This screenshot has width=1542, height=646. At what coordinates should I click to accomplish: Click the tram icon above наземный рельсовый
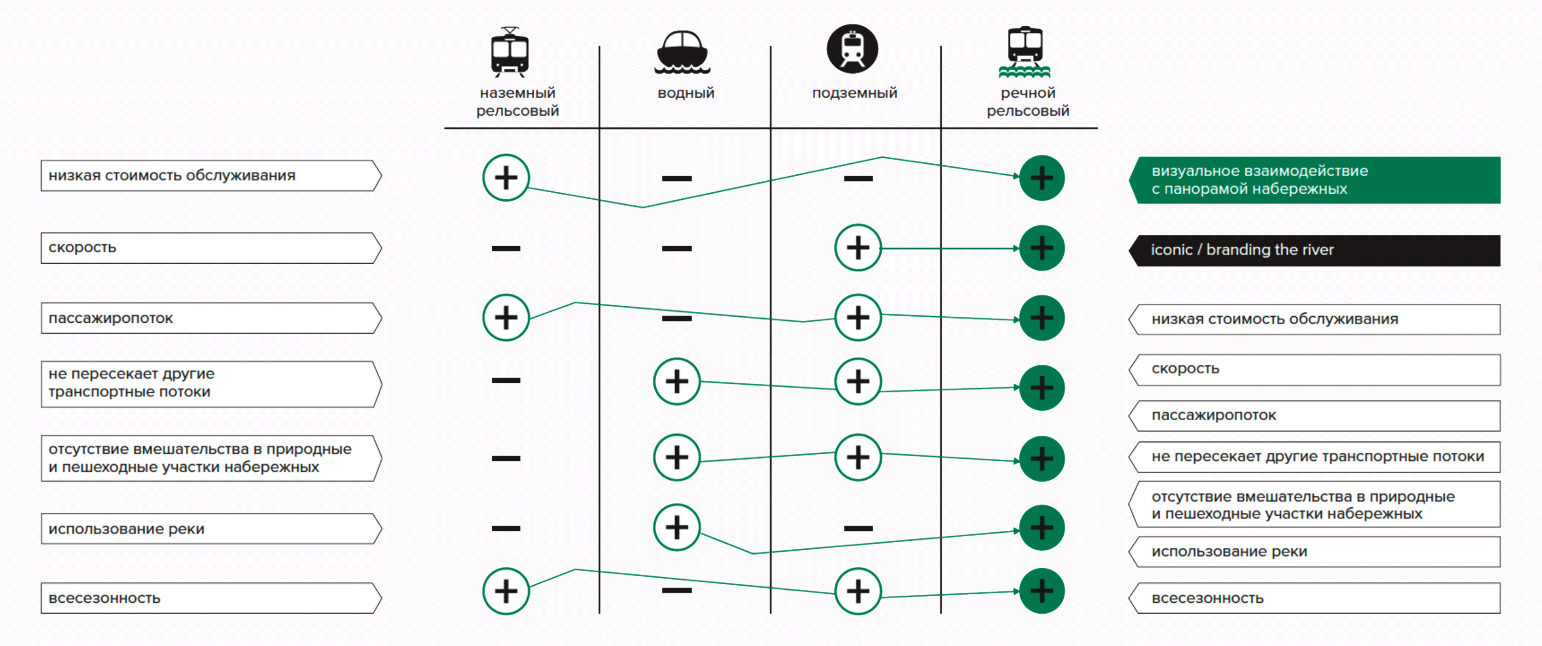[x=509, y=52]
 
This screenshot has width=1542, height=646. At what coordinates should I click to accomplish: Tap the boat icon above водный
[x=682, y=53]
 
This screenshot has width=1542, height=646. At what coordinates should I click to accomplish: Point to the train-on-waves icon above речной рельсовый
[x=1025, y=53]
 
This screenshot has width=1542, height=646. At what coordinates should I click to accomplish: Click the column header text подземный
[x=854, y=93]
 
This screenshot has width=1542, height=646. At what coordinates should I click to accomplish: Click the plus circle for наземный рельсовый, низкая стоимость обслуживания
[x=506, y=178]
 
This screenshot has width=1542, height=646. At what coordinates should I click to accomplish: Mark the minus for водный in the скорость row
[x=677, y=249]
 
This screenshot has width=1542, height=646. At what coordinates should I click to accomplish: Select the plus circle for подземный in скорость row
[x=858, y=248]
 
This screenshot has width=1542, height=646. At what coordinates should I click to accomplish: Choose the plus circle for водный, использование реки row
[x=677, y=527]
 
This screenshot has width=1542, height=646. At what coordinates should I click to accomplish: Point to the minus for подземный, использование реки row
[x=858, y=528]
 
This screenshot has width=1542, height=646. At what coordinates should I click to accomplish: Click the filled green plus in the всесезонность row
[x=1042, y=591]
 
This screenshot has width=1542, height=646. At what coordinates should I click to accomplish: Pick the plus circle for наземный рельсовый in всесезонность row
[x=506, y=591]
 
